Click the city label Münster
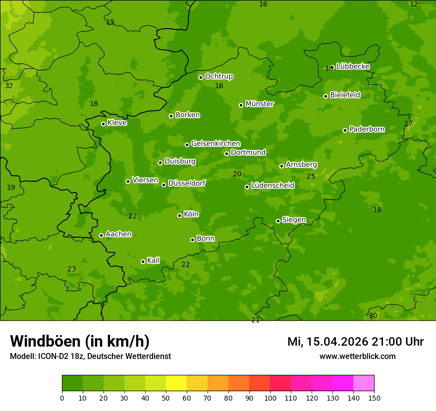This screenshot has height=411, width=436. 259,104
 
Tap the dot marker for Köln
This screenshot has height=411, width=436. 179,215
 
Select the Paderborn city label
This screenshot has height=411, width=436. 367,129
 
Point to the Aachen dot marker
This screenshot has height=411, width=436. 101,235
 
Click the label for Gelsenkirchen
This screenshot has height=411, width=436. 216,144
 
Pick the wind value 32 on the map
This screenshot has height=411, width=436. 9,86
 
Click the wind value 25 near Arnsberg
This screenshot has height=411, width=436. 311,176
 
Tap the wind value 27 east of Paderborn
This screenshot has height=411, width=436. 408,123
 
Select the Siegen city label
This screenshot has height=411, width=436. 294,220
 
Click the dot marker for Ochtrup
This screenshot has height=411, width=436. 201,77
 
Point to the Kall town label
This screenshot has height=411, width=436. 153,260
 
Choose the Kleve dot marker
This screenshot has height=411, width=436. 103,124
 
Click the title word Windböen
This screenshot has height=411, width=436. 45,341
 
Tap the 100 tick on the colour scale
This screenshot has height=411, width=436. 270,397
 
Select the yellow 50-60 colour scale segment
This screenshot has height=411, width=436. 176,383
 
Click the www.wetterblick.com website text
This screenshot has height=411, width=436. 357,356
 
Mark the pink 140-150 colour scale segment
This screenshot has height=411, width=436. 364,383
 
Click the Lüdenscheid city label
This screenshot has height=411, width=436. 272,186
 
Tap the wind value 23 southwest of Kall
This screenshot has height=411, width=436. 71,269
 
